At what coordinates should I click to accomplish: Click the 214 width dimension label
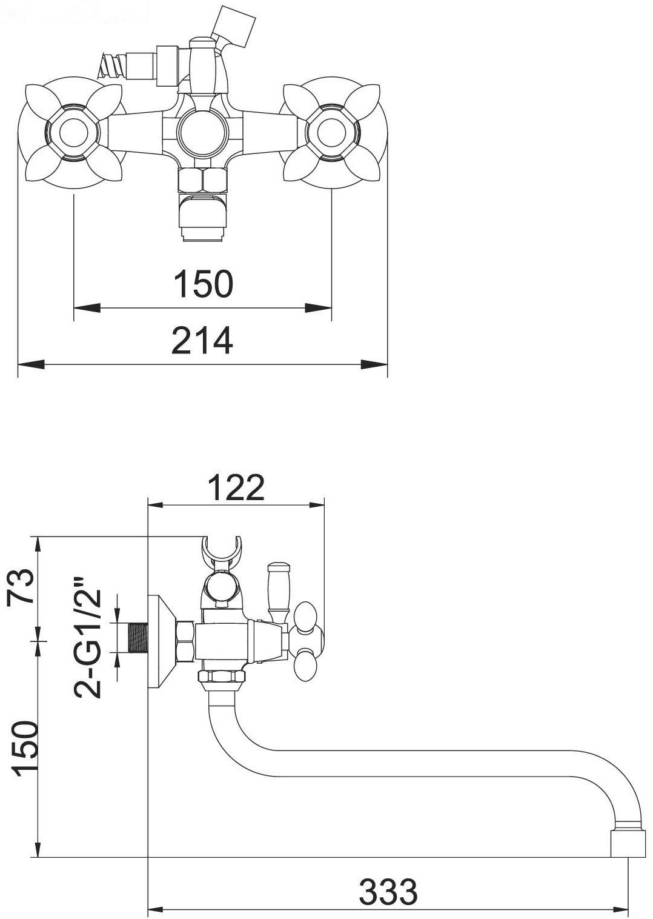pos(202,340)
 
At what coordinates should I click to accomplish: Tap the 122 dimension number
pos(236,488)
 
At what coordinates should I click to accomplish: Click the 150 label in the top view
pos(204,284)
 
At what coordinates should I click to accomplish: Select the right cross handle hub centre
pos(331,132)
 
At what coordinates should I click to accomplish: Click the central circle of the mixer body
pos(202,132)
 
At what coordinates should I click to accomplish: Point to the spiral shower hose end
pos(111,65)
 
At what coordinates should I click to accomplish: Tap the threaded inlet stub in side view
pos(138,643)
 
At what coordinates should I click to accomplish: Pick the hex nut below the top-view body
pos(203,181)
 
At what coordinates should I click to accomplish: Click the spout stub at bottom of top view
pos(204,219)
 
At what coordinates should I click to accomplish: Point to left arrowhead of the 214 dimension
pos(31,364)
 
